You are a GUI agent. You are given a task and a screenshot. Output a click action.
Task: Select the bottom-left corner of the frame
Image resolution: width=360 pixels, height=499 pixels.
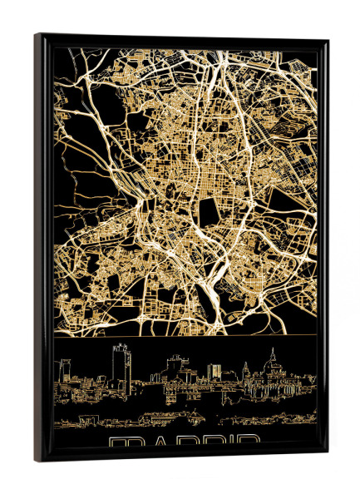pos(36,462)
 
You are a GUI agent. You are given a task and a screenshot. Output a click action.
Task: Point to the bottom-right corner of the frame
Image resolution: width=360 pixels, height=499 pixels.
pos(328,457)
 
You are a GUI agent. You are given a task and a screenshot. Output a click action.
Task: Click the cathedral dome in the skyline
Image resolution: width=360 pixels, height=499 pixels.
pos(272,367)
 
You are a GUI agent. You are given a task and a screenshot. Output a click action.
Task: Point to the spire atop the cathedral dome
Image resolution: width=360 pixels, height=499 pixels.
pos(272,353)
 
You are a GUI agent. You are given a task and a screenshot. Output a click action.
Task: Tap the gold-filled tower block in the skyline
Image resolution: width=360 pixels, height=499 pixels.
pos(214,370)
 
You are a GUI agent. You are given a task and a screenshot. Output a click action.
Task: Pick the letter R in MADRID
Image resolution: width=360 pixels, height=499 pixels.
pos(206,441)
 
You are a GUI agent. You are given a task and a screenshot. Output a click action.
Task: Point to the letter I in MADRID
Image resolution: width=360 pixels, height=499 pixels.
pos(226,441)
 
